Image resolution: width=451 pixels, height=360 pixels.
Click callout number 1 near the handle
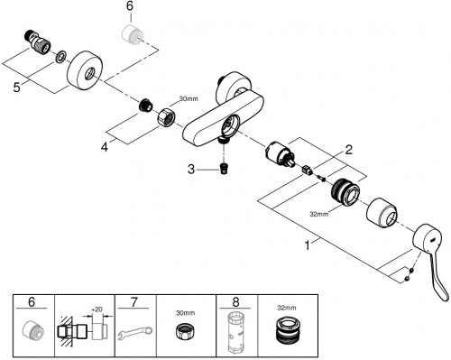[x=307, y=245]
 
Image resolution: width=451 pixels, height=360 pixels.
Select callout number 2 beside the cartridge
[x=348, y=150]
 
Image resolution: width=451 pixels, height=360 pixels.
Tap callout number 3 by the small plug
[x=191, y=170]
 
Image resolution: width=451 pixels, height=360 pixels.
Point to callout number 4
[x=105, y=147]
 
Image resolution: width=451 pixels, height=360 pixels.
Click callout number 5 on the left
[x=17, y=88]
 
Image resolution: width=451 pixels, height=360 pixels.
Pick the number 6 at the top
[x=130, y=6]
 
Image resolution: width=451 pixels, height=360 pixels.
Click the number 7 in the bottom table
[x=134, y=301]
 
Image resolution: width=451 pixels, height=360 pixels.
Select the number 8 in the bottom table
[x=236, y=301]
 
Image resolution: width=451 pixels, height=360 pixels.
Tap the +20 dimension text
[x=97, y=309]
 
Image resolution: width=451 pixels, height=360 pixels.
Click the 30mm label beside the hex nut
[x=189, y=98]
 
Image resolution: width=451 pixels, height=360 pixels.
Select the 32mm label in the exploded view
[x=319, y=214]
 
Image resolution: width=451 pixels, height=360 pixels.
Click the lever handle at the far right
[x=431, y=255]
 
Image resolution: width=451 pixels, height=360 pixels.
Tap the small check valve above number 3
[x=223, y=169]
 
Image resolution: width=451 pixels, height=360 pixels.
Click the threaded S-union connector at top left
[x=37, y=42]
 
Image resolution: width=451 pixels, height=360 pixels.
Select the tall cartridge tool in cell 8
[x=236, y=333]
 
